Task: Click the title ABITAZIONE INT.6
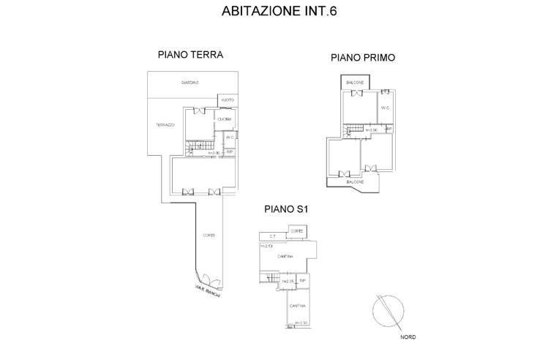pos(279,12)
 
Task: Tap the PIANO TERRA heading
pos(190,55)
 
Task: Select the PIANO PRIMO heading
pos(363,57)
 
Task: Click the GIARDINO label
pos(190,83)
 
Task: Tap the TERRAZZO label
pos(165,125)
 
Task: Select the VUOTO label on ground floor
pos(227,100)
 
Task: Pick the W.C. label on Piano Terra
pos(230,138)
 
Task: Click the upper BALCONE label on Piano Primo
pos(355,83)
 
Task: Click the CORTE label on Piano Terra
pos(209,235)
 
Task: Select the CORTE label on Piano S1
pos(297,231)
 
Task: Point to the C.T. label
pos(271,236)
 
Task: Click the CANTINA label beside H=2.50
pos(296,305)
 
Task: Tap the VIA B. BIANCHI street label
pos(208,290)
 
